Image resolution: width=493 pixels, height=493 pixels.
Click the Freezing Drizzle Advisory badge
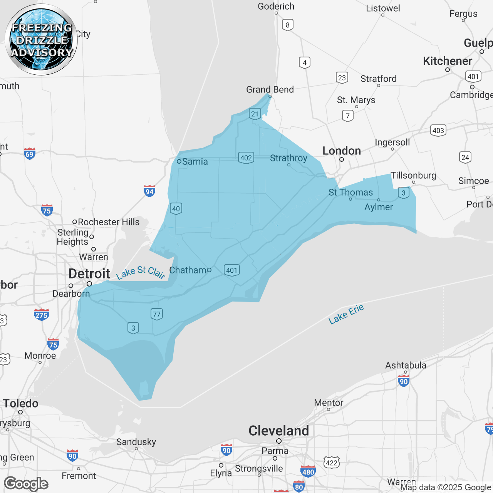[x=41, y=40]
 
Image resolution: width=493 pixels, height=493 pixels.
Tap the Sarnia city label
[x=195, y=162]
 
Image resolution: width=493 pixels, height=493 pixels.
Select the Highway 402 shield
[x=246, y=158]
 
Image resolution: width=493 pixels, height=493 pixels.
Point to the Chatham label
[x=188, y=270]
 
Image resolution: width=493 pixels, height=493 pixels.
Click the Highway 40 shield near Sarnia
[x=176, y=209]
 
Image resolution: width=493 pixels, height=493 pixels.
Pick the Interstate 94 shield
[x=149, y=191]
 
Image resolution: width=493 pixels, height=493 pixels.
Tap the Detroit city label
[x=89, y=274]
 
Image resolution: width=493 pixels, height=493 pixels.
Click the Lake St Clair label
[x=141, y=272]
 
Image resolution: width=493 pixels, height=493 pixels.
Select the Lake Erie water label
[x=346, y=314]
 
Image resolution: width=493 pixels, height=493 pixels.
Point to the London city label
[x=342, y=151]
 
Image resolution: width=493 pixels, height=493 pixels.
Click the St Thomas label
[x=350, y=193]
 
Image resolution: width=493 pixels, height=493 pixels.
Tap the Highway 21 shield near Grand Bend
[x=255, y=114]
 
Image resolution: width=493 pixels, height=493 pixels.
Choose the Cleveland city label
[x=278, y=431]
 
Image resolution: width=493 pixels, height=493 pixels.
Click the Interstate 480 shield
[x=308, y=471]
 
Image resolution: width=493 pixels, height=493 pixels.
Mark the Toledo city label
[x=21, y=404]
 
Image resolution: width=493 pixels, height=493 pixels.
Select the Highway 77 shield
[x=157, y=314]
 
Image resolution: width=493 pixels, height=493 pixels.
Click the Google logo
[x=26, y=484]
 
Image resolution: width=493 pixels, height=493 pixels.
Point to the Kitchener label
[x=447, y=61]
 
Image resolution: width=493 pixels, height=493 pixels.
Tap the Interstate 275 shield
[x=42, y=315]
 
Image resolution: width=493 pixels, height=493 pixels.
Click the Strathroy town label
[x=288, y=158]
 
